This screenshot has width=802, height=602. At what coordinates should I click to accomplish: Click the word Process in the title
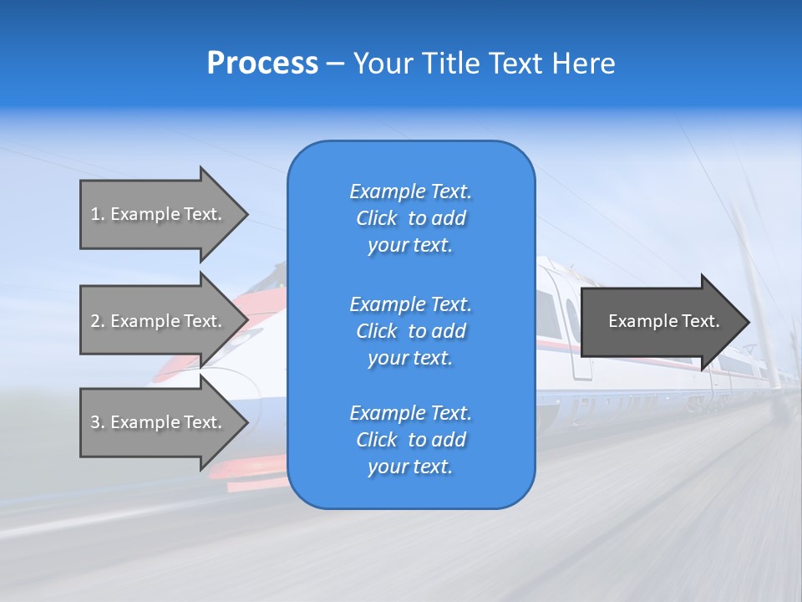click(262, 64)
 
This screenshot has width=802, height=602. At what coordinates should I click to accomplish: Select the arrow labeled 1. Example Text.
click(159, 214)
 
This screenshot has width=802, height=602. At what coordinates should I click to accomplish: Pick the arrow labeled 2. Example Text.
click(159, 321)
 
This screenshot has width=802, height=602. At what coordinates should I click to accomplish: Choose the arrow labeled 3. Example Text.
click(159, 422)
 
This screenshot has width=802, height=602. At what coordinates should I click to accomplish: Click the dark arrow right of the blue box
click(660, 322)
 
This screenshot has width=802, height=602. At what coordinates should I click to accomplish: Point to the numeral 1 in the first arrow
click(95, 214)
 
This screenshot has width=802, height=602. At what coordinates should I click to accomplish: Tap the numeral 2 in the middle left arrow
click(95, 321)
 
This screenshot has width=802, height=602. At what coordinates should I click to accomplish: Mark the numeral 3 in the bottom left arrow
click(95, 422)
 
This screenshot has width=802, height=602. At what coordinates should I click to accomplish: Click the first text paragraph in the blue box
click(410, 218)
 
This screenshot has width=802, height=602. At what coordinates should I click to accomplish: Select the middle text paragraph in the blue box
click(410, 331)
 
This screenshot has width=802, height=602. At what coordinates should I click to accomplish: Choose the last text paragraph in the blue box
click(410, 440)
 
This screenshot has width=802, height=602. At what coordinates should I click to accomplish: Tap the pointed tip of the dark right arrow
click(748, 322)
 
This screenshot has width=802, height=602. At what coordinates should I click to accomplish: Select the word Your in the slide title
click(381, 64)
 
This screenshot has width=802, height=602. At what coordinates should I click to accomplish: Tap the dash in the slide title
click(335, 64)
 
